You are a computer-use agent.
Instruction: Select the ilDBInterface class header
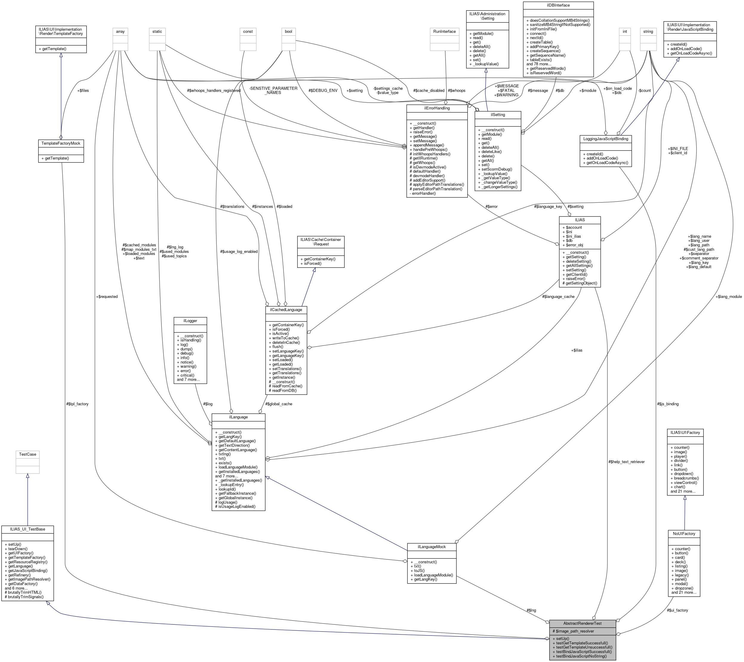(x=558, y=5)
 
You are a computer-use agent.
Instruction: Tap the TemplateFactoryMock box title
(x=61, y=143)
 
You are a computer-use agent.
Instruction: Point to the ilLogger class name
(x=190, y=321)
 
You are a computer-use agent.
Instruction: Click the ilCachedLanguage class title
(x=286, y=310)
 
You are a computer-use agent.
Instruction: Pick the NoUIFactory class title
(x=684, y=533)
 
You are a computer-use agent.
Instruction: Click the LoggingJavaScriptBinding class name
(x=606, y=139)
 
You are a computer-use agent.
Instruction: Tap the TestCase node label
(x=27, y=454)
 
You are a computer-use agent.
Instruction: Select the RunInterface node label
(x=444, y=32)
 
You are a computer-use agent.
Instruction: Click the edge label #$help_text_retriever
(x=626, y=462)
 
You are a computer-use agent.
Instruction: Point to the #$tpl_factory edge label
(x=78, y=404)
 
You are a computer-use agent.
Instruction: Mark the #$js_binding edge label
(x=668, y=404)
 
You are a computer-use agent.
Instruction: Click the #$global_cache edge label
(x=279, y=404)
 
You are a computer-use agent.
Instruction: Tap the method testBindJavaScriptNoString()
(x=581, y=656)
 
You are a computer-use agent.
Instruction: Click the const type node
(x=248, y=32)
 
